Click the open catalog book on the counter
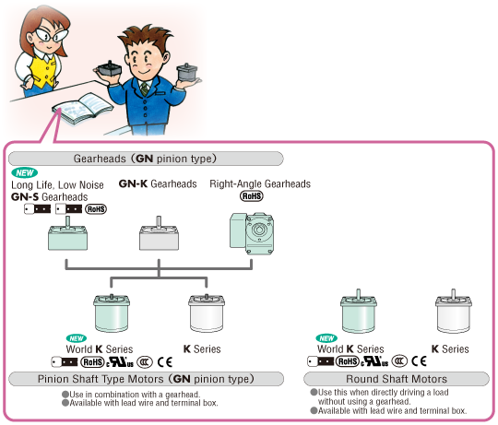[83, 108]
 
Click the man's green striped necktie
[145, 89]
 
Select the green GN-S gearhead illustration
[67, 233]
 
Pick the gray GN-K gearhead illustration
[159, 233]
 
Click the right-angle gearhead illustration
[252, 233]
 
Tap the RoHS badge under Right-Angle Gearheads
[252, 195]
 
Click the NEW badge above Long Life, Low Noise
[25, 172]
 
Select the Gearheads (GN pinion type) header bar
[146, 159]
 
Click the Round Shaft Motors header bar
[397, 379]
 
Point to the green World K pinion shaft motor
[112, 313]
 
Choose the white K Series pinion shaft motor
[207, 313]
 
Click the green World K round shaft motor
[359, 311]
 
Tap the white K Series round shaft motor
[453, 311]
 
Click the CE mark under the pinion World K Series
[165, 362]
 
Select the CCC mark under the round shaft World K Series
[399, 361]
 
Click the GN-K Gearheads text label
[158, 183]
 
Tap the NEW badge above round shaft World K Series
[326, 338]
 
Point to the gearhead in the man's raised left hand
[186, 72]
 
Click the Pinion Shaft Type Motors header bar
[146, 379]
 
